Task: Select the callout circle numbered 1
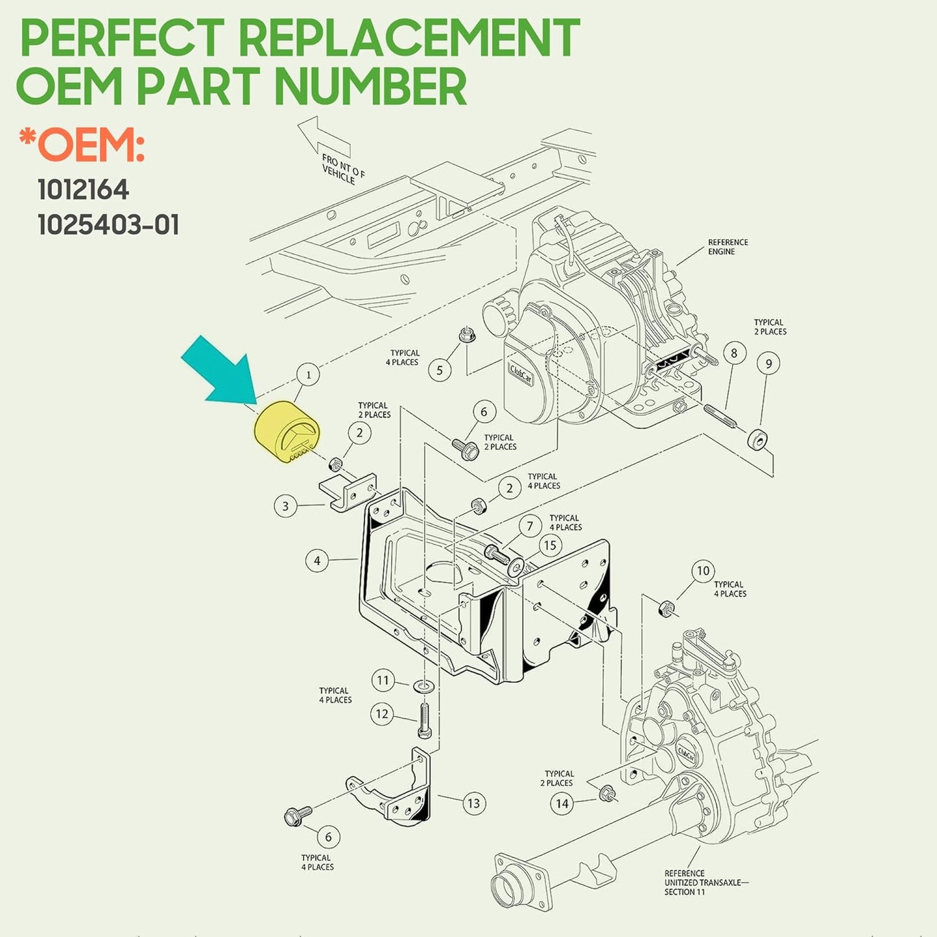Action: point(308,374)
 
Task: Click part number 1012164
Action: point(83,190)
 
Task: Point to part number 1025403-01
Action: point(108,225)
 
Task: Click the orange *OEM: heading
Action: point(82,146)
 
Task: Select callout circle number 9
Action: point(768,363)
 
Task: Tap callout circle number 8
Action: point(734,353)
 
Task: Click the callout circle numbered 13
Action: point(473,803)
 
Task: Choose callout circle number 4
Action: point(317,560)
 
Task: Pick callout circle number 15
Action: point(550,545)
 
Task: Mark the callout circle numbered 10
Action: point(704,571)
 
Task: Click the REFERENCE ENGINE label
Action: point(728,246)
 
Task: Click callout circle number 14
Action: point(562,803)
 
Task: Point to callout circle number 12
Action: point(382,714)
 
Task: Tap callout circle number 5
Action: point(440,370)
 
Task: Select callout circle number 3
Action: point(285,506)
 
